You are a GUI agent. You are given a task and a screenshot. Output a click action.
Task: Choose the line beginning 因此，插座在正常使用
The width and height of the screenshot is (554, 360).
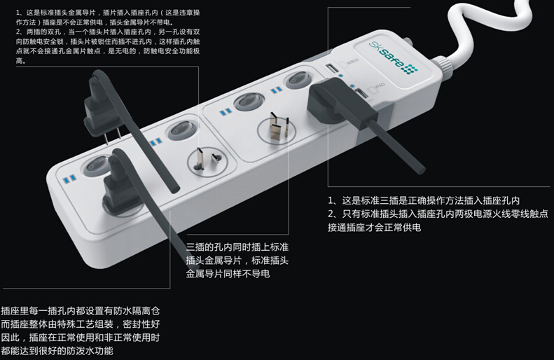[x=81, y=337]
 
